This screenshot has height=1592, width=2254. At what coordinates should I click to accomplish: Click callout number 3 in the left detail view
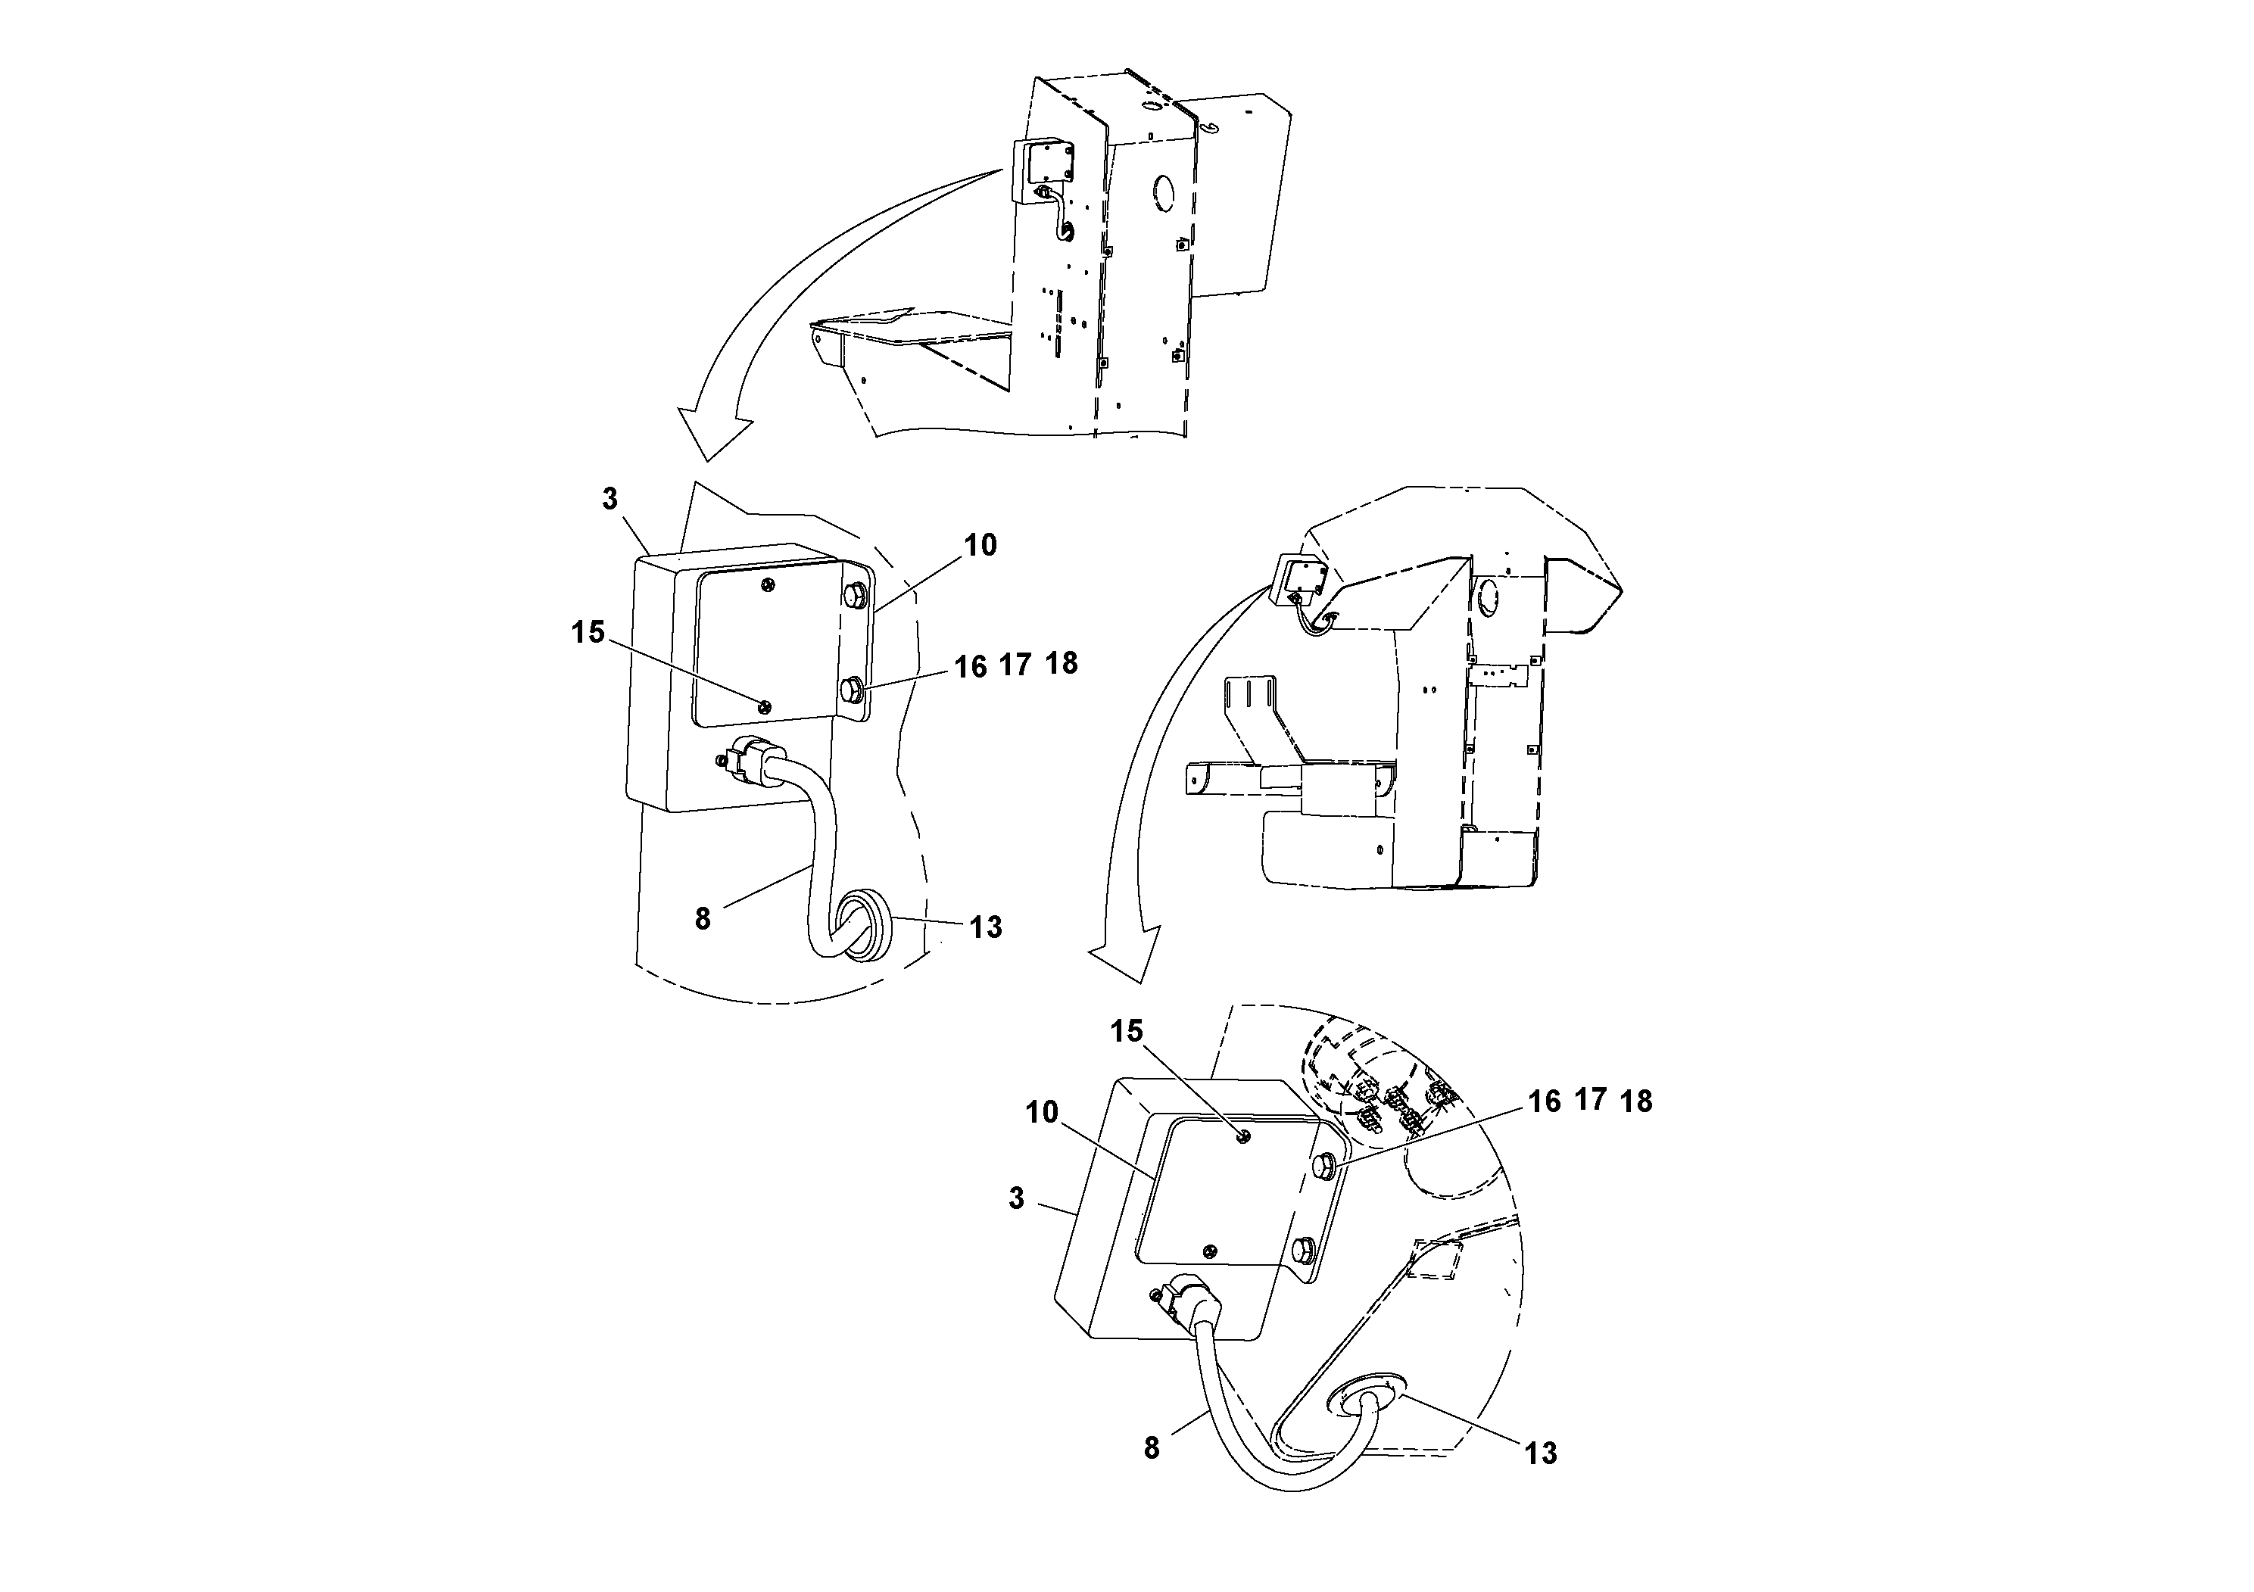(609, 500)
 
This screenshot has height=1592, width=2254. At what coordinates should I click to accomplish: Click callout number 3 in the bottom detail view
(1016, 1198)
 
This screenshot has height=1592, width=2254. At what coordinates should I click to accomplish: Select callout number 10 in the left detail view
(980, 545)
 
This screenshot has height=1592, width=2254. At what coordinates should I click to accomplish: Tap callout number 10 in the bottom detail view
(1043, 1112)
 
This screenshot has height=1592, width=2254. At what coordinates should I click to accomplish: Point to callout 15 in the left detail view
(588, 633)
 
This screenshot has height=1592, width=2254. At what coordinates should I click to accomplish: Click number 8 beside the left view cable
(702, 920)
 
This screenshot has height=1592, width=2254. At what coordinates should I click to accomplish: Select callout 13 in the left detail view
(986, 927)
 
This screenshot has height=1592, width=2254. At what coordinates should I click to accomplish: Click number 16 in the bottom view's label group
(1545, 1101)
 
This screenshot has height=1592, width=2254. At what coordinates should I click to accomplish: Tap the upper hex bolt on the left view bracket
(853, 597)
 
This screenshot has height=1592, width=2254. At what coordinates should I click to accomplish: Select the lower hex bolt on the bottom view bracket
(1305, 1250)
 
